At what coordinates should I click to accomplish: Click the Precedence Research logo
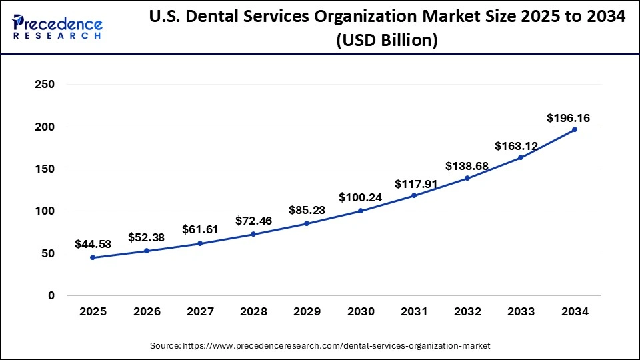coord(57,27)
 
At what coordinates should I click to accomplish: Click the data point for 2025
coord(93,257)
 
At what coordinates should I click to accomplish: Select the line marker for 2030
coord(361,211)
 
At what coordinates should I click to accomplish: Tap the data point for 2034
coord(575,129)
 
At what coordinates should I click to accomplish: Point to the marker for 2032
coord(467,178)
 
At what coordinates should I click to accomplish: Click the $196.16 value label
coord(568,118)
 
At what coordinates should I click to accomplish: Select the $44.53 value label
coord(93,245)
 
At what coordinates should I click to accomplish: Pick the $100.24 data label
coord(361,197)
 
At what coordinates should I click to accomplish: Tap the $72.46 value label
coord(253,221)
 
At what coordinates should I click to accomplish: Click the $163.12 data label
coord(515,146)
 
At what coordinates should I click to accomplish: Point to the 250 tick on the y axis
coord(45,85)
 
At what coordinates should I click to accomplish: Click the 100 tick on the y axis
coord(45,211)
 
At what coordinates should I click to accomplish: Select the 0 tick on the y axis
coord(51,295)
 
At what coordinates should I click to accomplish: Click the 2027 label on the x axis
coord(200,311)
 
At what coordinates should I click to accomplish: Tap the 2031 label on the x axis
coord(414,311)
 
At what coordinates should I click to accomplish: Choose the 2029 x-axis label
coord(307,311)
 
